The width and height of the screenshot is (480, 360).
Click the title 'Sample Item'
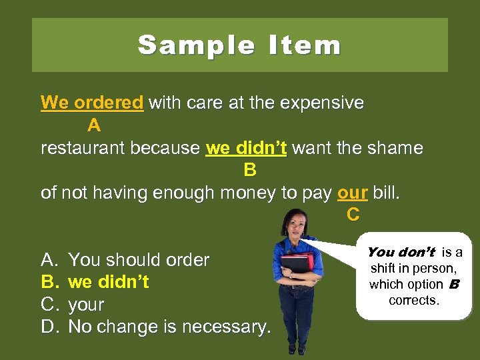pyautogui.click(x=239, y=45)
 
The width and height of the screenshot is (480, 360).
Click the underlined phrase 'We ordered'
pyautogui.click(x=92, y=103)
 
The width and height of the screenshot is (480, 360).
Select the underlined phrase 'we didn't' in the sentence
pyautogui.click(x=246, y=148)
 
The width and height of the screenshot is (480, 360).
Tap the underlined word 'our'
pyautogui.click(x=353, y=193)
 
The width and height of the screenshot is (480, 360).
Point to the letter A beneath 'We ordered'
pyautogui.click(x=94, y=125)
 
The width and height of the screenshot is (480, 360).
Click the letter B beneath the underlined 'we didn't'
pyautogui.click(x=250, y=171)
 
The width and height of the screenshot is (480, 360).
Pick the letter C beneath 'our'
pyautogui.click(x=353, y=215)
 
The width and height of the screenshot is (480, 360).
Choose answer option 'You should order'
pyautogui.click(x=139, y=259)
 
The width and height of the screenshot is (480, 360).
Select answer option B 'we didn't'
pyautogui.click(x=109, y=282)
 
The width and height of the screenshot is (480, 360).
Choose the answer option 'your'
pyautogui.click(x=87, y=305)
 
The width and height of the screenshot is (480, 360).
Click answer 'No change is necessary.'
pyautogui.click(x=170, y=327)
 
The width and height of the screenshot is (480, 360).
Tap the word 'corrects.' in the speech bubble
pyautogui.click(x=413, y=300)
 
